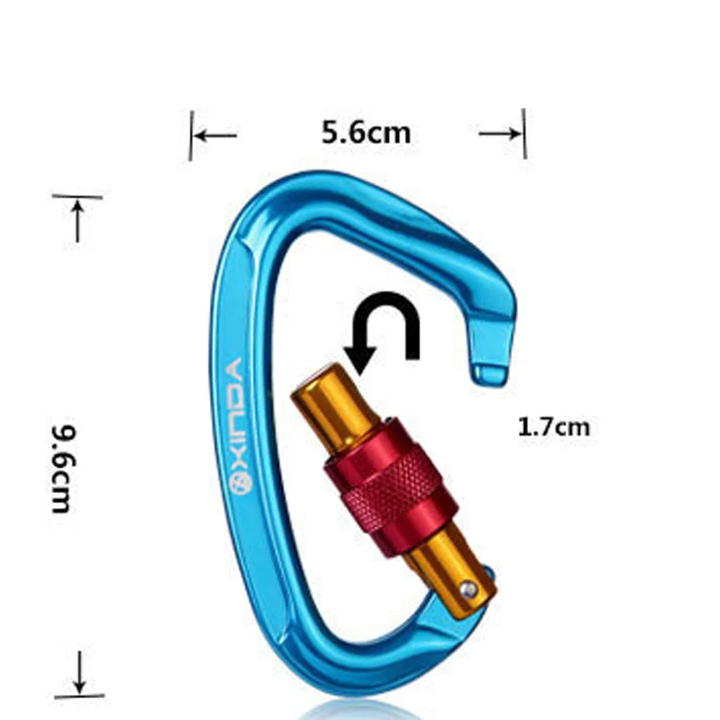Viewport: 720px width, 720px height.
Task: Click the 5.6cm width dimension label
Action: tap(366, 132)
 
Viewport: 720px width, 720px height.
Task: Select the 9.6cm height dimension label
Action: tap(62, 468)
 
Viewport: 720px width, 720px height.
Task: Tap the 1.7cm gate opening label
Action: tap(554, 427)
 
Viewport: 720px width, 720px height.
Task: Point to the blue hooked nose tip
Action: tap(492, 373)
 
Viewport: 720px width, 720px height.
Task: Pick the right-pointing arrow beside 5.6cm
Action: tap(499, 134)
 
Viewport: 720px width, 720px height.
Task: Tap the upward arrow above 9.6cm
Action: tap(77, 221)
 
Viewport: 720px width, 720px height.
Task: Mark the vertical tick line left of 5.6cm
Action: tap(191, 135)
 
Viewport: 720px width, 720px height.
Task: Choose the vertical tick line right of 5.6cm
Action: tap(524, 134)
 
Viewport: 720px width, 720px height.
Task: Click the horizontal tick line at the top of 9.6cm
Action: tap(77, 197)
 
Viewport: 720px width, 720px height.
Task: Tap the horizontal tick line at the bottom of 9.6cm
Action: tap(80, 696)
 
